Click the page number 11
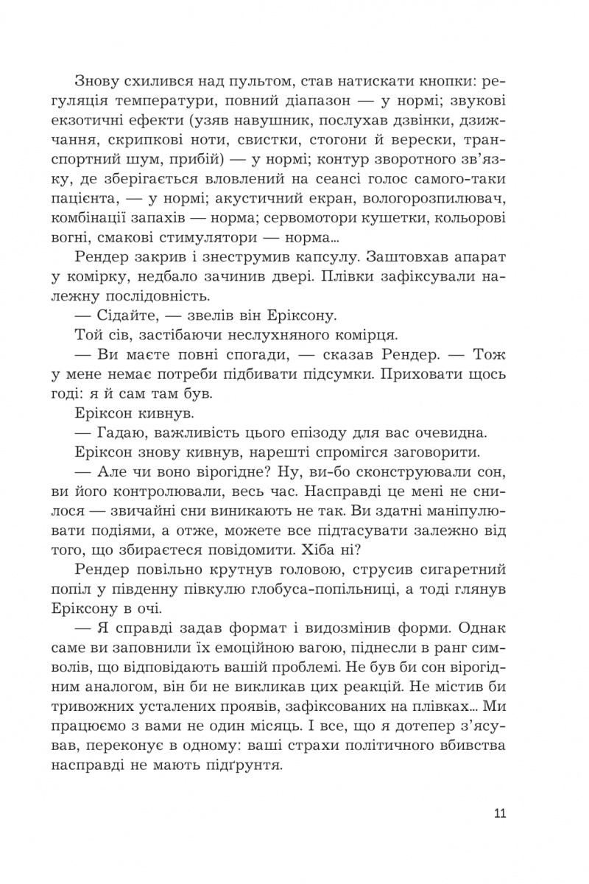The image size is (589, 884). click(499, 814)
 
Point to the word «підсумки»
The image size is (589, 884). click(346, 374)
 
